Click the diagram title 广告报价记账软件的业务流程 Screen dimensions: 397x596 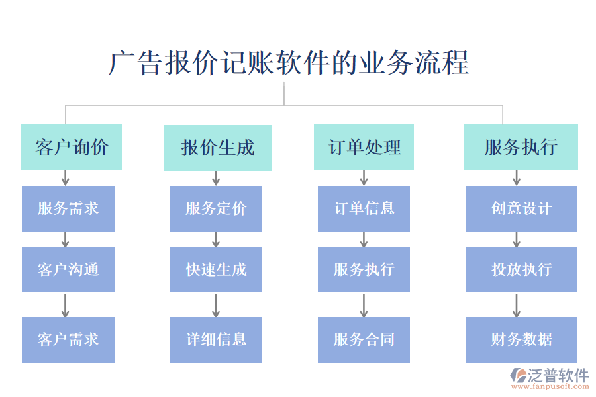coord(289,63)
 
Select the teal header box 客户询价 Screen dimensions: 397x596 coord(72,147)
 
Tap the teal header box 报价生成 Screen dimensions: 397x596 coord(217,147)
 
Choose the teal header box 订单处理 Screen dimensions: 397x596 coord(364,147)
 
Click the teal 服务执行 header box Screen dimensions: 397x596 coord(521,147)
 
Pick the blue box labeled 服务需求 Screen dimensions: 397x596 coord(68,208)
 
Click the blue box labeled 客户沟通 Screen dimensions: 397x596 coord(68,269)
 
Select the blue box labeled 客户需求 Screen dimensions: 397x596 coord(68,339)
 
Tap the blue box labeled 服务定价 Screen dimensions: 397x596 coord(216,208)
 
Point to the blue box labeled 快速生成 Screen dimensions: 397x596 coord(216,269)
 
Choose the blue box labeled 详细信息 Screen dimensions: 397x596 coord(216,339)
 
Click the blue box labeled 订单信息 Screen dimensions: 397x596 coord(364,208)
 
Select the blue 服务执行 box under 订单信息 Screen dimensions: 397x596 coord(364,269)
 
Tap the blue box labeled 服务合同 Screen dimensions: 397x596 coord(364,339)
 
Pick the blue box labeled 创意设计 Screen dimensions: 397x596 coord(521,208)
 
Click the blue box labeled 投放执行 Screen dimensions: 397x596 coord(521,269)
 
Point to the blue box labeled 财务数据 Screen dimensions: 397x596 coord(521,339)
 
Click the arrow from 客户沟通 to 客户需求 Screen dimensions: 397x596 coord(65,304)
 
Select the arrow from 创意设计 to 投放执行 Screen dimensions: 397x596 coord(517,239)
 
